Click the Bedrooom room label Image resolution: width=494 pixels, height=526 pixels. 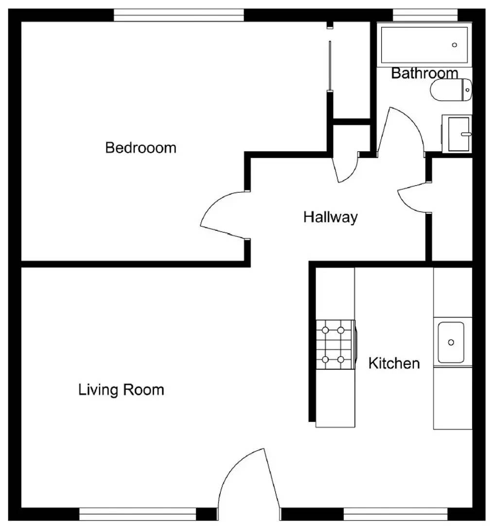[141, 147]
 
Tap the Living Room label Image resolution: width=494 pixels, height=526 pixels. [121, 390]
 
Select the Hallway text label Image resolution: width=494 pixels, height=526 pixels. [330, 217]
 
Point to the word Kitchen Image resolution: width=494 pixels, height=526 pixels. [394, 363]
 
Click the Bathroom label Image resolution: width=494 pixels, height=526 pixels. [424, 73]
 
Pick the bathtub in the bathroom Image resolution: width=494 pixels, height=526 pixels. [424, 45]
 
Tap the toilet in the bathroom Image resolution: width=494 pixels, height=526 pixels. [451, 90]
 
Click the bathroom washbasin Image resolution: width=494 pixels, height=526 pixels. [458, 133]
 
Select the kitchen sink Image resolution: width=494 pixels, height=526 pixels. [451, 342]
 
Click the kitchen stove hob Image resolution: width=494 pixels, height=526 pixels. [335, 345]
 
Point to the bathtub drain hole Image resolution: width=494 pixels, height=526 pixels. [455, 45]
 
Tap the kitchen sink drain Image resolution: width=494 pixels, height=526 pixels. [451, 342]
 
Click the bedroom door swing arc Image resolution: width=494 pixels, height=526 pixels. [221, 214]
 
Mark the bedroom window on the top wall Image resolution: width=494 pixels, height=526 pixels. [178, 16]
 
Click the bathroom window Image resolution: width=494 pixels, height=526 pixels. [425, 16]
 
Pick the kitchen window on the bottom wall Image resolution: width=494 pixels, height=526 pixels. [395, 514]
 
